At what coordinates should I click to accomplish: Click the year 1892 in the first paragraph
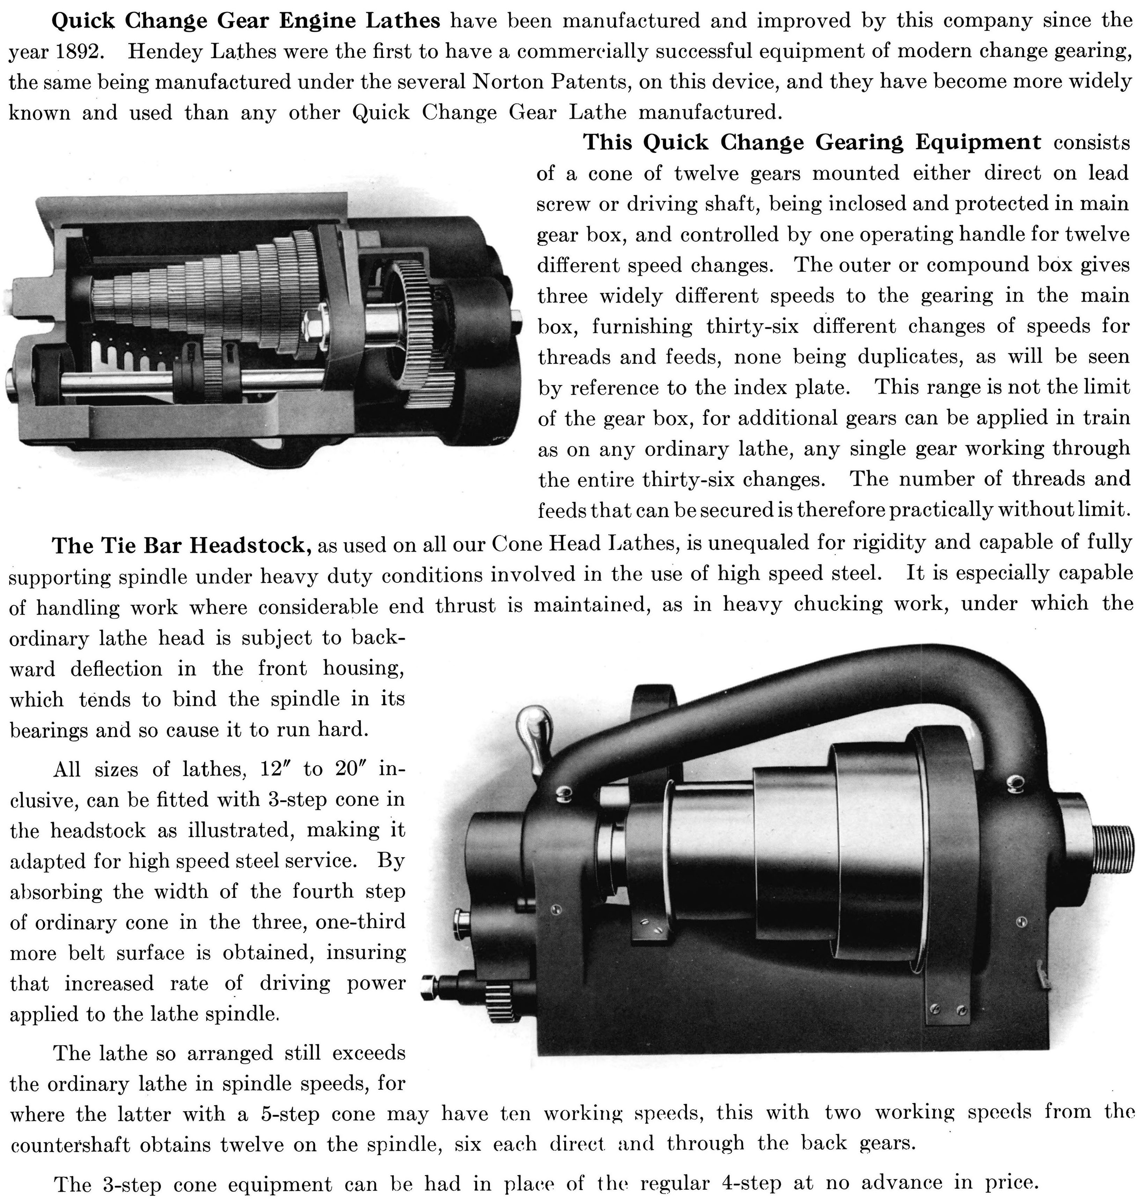pyautogui.click(x=76, y=52)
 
